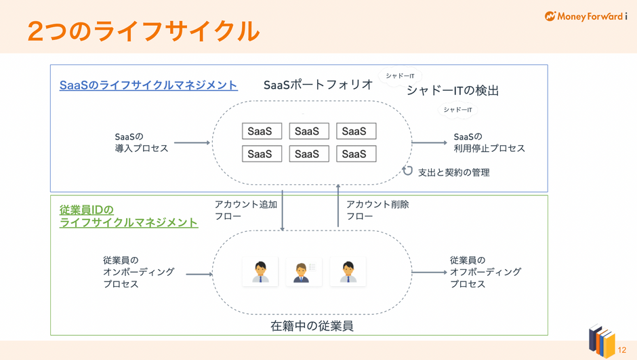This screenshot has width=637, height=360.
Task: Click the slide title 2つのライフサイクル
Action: click(x=144, y=31)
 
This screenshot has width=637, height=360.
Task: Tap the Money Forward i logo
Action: click(x=585, y=16)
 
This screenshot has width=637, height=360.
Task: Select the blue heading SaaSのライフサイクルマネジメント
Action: click(x=148, y=85)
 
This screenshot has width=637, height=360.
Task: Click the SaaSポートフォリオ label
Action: click(x=318, y=85)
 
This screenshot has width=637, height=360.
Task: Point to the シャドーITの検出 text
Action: click(x=453, y=90)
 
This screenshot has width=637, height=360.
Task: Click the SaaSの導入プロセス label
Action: click(x=142, y=142)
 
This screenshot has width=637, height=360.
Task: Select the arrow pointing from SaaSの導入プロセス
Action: click(x=192, y=142)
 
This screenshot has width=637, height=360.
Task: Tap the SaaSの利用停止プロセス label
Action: click(x=489, y=142)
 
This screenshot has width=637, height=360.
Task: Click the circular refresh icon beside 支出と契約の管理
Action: click(x=407, y=171)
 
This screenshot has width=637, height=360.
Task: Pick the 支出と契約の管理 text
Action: click(x=454, y=172)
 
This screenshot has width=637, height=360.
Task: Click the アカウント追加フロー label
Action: click(x=246, y=210)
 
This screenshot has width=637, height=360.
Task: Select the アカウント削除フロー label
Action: click(x=377, y=210)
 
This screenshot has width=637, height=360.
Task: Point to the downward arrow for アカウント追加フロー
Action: click(x=283, y=210)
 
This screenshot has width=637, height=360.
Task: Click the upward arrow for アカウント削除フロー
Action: click(x=338, y=205)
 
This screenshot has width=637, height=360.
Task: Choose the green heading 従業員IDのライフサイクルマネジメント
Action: click(x=129, y=216)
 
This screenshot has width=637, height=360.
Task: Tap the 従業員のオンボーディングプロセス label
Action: click(x=138, y=272)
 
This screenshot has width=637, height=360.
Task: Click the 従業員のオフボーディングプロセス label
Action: click(x=485, y=272)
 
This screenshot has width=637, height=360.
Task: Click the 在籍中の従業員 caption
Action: click(x=312, y=326)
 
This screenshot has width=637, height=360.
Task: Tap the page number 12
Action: click(x=622, y=350)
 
